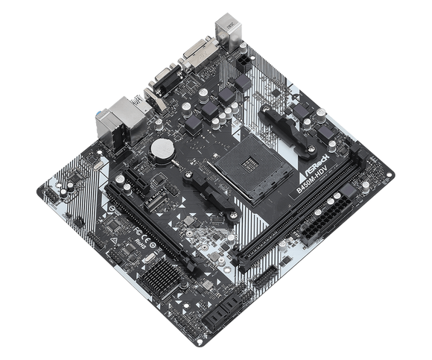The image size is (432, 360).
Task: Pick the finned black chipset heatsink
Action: (161, 277)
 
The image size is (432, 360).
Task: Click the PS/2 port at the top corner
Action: (228, 28)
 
